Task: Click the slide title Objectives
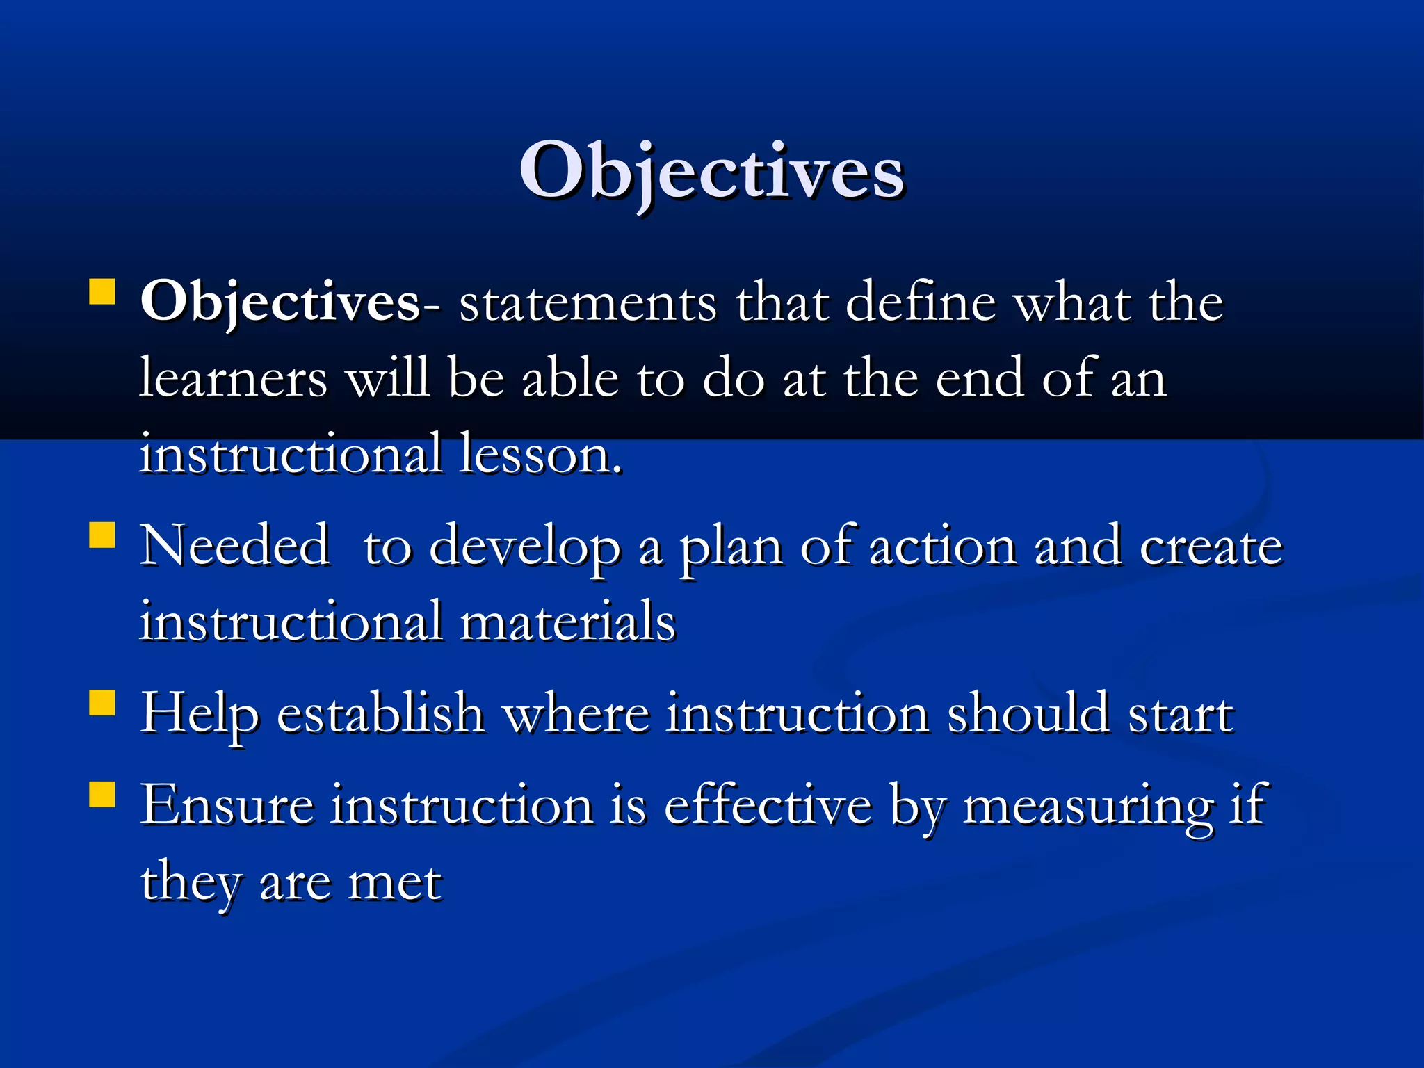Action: click(711, 172)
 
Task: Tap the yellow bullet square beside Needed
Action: click(102, 536)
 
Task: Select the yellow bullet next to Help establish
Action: click(102, 702)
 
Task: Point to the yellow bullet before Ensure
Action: click(102, 794)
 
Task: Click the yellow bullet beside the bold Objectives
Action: click(102, 293)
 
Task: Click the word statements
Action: click(588, 304)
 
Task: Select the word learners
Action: click(233, 380)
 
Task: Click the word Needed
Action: click(234, 547)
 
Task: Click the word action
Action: click(944, 548)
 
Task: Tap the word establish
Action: click(380, 713)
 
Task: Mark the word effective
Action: click(768, 805)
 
